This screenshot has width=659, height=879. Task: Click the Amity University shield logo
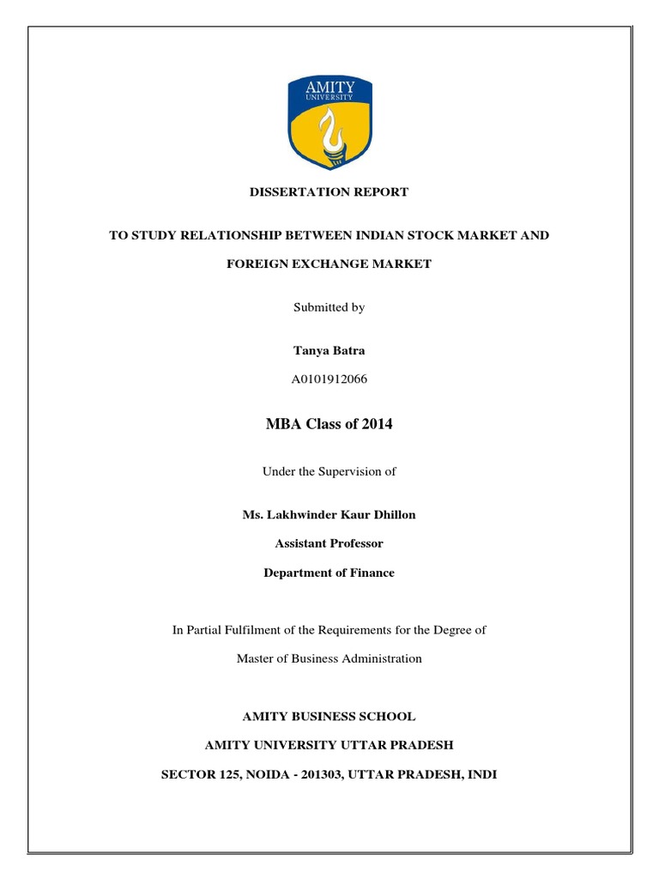coord(329,121)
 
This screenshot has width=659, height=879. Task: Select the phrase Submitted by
coord(329,307)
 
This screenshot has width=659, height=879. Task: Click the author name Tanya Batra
coord(329,350)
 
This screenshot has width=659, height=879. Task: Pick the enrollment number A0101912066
coord(329,379)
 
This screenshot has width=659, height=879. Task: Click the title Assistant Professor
coord(329,543)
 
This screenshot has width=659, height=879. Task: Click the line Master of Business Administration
coord(329,658)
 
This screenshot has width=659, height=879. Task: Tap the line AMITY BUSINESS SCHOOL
coord(329,716)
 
